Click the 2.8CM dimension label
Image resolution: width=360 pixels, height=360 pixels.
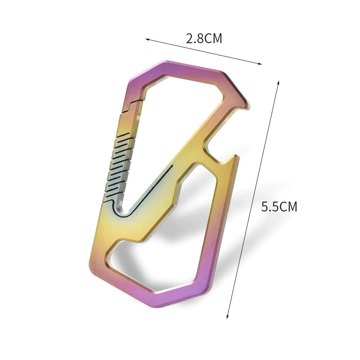tap(204, 38)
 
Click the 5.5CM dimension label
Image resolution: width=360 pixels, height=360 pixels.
tap(279, 207)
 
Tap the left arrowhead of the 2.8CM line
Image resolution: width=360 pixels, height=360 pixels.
tap(147, 40)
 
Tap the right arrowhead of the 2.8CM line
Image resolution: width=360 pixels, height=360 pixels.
tap(260, 64)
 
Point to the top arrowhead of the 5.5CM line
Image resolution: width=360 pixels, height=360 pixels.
tap(278, 83)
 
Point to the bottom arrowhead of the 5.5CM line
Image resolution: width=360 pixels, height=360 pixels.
tap(228, 316)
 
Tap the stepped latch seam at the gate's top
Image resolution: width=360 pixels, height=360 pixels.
tap(131, 106)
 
